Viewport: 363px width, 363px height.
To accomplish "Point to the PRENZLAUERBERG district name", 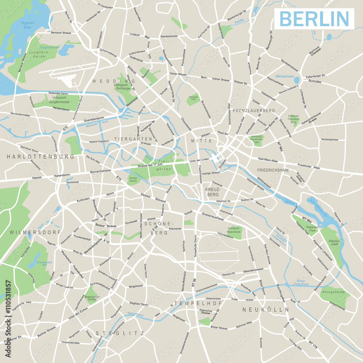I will [254, 110].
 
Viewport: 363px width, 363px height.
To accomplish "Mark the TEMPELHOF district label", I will [192, 303].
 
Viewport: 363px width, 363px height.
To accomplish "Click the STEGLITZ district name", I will [120, 333].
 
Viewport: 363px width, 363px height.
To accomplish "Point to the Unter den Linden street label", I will [200, 160].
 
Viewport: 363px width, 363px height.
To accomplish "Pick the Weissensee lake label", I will [284, 77].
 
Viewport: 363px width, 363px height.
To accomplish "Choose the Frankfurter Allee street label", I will [309, 167].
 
